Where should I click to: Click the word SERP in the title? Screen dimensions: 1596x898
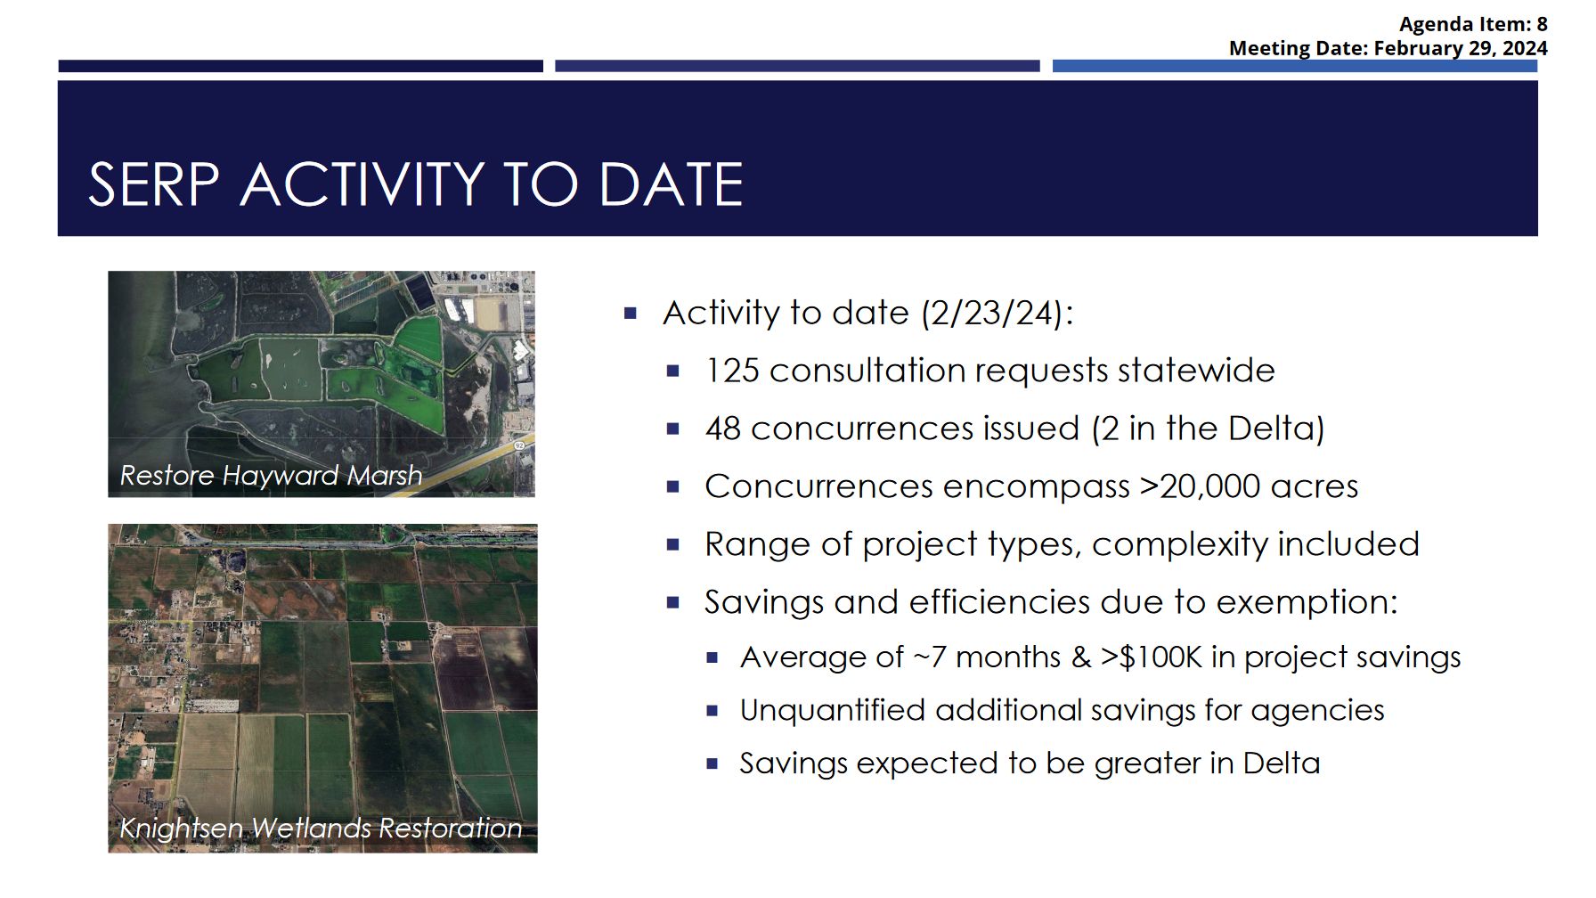154,184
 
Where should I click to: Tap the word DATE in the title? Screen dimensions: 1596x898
672,184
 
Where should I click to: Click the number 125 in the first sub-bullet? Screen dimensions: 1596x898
732,371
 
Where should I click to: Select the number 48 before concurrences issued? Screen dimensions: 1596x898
723,429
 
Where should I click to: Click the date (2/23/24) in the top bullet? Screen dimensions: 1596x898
991,314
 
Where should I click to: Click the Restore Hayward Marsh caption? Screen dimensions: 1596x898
271,476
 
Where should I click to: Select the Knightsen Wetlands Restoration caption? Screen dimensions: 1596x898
321,829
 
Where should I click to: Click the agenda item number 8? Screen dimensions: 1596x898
1542,24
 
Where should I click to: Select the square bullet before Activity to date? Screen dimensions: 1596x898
631,314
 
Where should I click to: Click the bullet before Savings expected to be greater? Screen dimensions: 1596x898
712,763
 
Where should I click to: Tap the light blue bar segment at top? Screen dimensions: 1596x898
1295,66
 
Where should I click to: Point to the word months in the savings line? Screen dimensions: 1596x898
1008,657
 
